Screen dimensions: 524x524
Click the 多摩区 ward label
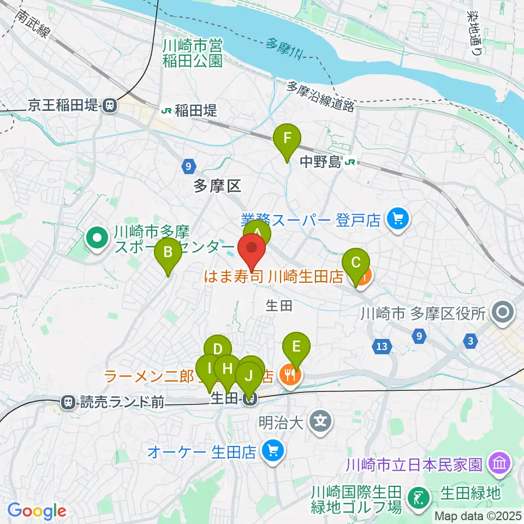click(217, 187)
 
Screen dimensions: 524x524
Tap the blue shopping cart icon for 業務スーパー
click(397, 220)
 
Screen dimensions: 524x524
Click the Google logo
click(37, 511)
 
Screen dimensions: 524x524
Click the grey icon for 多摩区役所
click(502, 313)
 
